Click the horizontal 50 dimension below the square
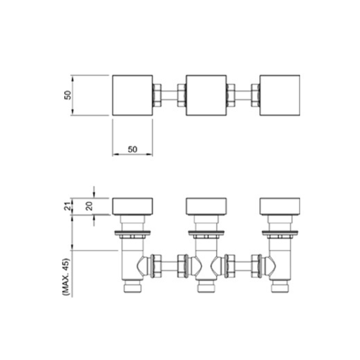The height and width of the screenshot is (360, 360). tap(132, 148)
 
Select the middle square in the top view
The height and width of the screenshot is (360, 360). tap(206, 94)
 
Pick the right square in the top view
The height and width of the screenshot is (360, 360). tap(279, 94)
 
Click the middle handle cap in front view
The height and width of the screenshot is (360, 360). tap(206, 205)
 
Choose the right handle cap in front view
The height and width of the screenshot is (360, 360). tap(279, 205)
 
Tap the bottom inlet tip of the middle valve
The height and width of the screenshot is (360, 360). tap(206, 289)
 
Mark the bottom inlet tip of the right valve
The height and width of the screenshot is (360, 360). tap(279, 289)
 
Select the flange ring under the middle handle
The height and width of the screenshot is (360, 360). tap(206, 233)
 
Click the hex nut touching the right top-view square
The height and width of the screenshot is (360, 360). tap(255, 94)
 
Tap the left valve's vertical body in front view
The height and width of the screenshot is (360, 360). tap(132, 259)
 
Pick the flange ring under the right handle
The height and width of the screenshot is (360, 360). tap(279, 233)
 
